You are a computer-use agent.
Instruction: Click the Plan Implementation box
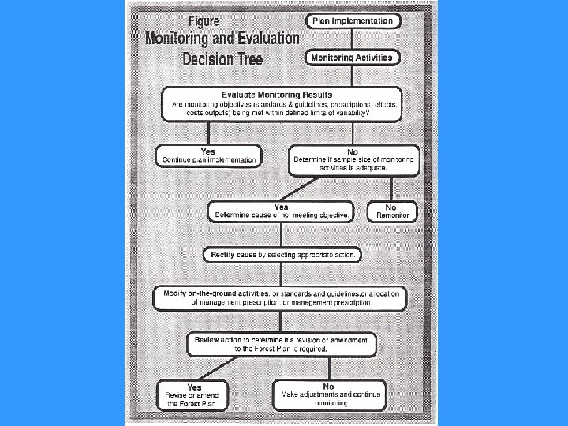[353, 21]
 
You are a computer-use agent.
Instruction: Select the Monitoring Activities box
[352, 58]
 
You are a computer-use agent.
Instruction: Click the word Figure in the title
[198, 21]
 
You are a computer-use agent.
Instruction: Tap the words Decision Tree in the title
[222, 58]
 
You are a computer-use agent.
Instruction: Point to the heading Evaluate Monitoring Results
[282, 95]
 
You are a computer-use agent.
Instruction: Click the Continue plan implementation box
[208, 156]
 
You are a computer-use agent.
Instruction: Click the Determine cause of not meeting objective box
[281, 211]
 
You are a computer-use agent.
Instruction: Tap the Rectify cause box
[282, 255]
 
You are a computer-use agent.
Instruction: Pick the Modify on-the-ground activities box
[282, 297]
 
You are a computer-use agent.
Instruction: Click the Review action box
[282, 344]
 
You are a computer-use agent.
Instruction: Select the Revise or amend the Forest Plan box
[195, 395]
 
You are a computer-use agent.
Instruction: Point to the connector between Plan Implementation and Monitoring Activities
[353, 39]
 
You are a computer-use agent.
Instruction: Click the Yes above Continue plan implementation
[208, 151]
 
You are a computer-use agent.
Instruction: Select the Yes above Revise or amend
[195, 387]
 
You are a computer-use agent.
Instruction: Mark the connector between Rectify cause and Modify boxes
[282, 275]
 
